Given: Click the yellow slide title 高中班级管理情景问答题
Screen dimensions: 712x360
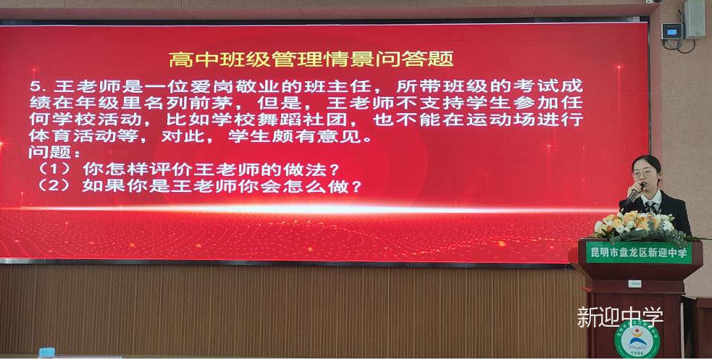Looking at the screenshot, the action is (311, 59).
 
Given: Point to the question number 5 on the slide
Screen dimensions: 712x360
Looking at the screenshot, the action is (35, 86).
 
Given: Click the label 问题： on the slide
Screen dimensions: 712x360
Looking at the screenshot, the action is (54, 152).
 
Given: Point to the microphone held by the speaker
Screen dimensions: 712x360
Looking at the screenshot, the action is (634, 194).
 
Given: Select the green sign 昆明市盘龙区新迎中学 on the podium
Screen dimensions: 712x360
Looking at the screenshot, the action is (638, 253).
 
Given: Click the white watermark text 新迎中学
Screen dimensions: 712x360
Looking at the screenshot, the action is (620, 317).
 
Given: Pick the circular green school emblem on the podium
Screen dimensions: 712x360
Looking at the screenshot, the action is (637, 340).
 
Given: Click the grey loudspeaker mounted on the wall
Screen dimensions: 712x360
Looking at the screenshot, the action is (695, 19).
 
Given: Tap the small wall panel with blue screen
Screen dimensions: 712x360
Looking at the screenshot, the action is (672, 31).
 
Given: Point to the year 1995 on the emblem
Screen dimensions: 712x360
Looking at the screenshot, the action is (637, 354).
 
